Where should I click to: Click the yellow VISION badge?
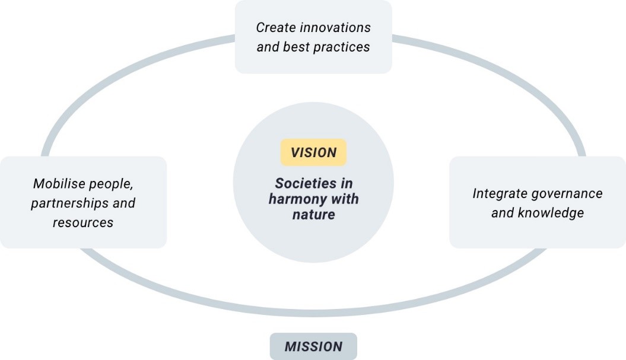click(313, 152)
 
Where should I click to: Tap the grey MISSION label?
click(313, 346)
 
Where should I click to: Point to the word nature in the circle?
click(313, 214)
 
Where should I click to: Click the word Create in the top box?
click(276, 27)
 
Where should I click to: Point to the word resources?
click(83, 222)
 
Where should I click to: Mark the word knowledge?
click(551, 213)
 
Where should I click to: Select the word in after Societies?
click(347, 183)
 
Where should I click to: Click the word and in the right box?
click(503, 213)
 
